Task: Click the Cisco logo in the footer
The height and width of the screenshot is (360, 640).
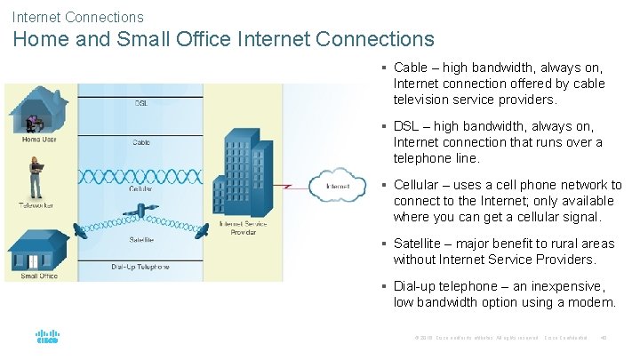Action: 46,338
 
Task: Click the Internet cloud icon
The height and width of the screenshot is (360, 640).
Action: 338,186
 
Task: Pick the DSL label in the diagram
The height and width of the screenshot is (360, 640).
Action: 141,103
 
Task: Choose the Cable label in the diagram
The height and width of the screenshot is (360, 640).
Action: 141,142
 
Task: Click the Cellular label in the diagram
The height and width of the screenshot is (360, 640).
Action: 141,188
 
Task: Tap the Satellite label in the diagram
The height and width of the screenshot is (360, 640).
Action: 141,240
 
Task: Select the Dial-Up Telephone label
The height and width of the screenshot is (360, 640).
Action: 140,267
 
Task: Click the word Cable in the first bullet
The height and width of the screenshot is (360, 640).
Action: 411,68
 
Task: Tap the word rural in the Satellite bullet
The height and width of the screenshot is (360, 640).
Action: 568,244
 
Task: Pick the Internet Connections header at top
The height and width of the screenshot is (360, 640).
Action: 77,16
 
